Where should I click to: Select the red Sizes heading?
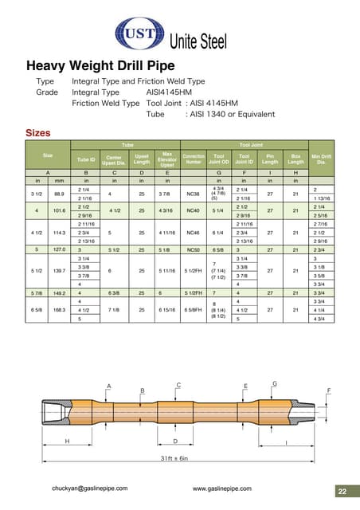[38, 132]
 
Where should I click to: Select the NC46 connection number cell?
[194, 233]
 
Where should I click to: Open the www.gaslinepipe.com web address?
[222, 488]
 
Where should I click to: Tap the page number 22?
[342, 490]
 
